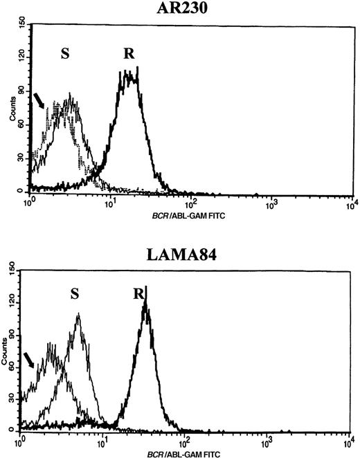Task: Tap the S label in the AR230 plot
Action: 66,54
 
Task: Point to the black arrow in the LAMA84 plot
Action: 28,359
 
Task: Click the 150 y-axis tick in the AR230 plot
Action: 22,27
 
